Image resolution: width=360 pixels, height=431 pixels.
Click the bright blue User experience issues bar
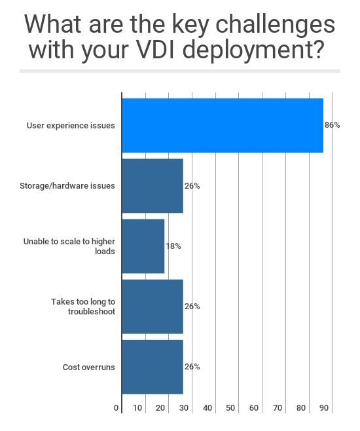(223, 125)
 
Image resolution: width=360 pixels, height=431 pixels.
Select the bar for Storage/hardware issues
(153, 185)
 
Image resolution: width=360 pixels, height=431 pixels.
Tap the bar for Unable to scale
(143, 246)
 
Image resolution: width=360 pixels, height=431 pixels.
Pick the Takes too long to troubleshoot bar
(153, 307)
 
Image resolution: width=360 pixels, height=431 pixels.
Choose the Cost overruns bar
(153, 367)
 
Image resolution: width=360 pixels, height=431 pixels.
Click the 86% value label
(332, 125)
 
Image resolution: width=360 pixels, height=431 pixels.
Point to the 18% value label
(173, 246)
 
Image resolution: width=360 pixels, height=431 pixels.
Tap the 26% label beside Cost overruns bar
(192, 367)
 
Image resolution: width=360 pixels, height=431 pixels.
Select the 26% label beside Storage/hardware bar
(192, 186)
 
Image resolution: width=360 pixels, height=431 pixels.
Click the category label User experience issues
(71, 125)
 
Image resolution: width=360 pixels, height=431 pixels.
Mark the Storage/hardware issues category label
(67, 186)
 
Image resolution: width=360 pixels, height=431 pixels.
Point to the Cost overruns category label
(88, 367)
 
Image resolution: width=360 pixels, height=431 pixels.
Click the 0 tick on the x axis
(117, 408)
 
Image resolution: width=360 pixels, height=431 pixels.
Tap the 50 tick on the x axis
(230, 408)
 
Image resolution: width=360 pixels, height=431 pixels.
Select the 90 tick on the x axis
(324, 408)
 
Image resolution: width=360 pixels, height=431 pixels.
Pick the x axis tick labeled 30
(184, 408)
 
